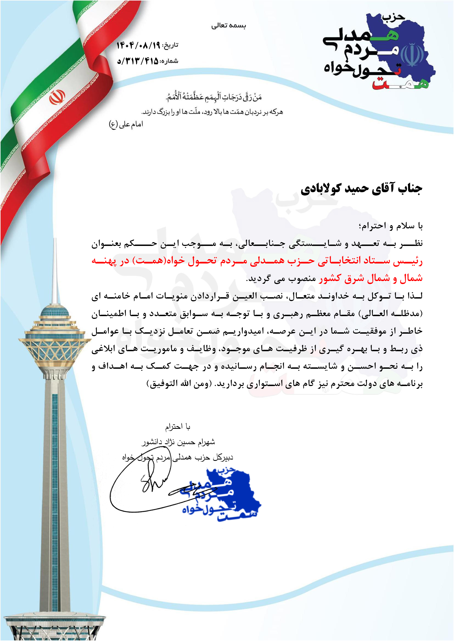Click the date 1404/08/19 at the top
coord(138,45)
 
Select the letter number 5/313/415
coord(138,61)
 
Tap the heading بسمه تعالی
coord(228,26)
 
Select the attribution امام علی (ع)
coord(126,124)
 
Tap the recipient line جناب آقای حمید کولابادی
coord(361,189)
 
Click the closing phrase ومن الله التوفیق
coord(179,384)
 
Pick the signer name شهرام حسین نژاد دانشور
coord(178,442)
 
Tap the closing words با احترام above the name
coord(178,427)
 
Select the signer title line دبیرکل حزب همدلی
coord(178,457)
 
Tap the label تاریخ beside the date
coord(170,46)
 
